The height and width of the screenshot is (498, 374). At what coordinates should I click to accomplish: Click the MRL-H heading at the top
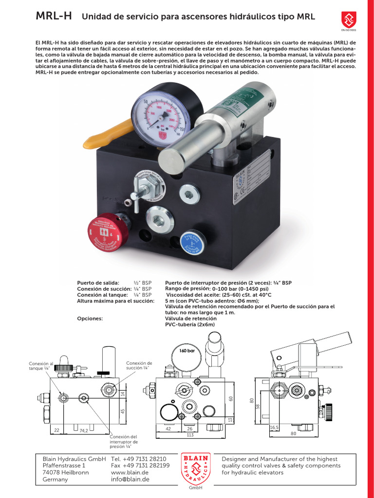pos(54,17)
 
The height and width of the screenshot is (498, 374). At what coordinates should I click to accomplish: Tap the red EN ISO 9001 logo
pos(349,20)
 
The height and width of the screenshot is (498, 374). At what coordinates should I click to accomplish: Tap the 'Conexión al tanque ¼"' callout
pos(41,366)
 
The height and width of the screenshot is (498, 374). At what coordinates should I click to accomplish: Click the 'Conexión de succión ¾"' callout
pos(139,366)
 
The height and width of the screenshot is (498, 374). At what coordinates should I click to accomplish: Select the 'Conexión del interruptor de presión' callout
pos(124,441)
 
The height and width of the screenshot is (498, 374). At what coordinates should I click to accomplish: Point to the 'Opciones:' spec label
pos(90,319)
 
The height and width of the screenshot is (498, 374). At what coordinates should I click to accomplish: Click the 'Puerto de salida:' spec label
pos(98,283)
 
